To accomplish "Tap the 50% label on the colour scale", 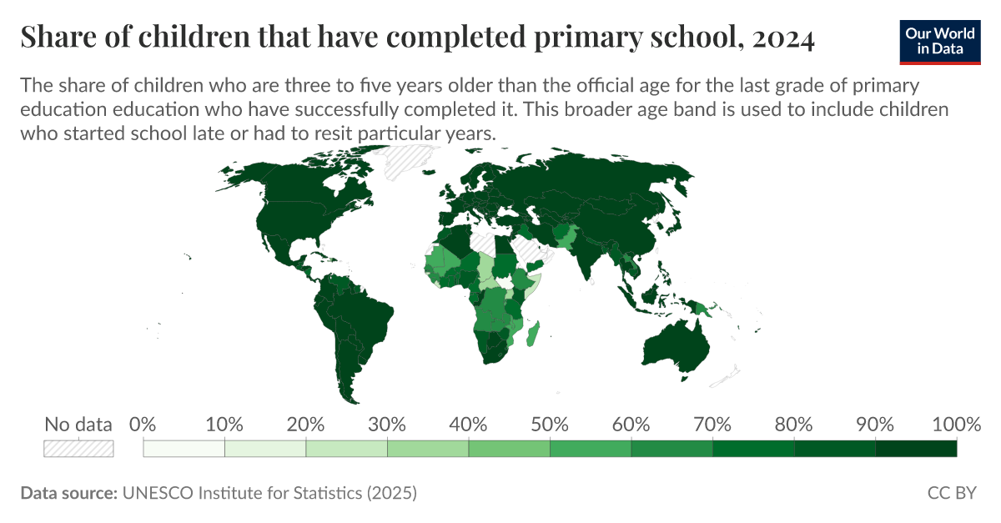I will coord(550,424).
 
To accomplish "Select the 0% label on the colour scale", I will coord(144,424).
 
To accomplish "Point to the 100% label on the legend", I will coord(956,424).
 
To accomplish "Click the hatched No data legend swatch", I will coord(78,448).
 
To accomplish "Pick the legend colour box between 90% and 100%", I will coord(916,449).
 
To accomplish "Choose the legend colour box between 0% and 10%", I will coord(184,449).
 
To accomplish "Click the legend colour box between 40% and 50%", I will coord(509,449).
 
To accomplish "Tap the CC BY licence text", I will coord(952,493).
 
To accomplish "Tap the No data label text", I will coord(78,424).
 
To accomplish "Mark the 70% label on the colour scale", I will coord(712,424).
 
